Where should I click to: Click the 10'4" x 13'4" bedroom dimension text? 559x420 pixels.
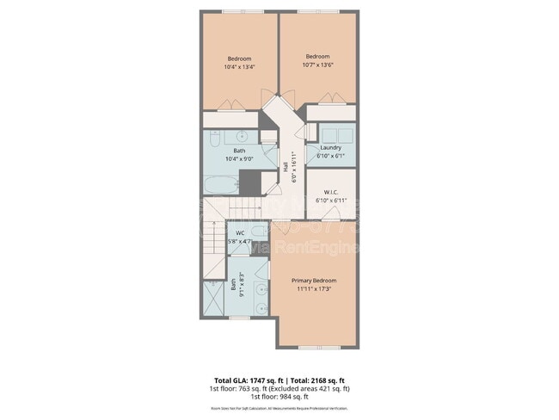coord(239,66)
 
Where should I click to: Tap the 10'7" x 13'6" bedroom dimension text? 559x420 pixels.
coord(318,65)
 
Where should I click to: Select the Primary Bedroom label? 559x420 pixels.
coord(313,281)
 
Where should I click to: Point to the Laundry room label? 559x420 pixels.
coord(331,148)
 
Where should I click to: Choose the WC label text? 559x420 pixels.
coord(240,233)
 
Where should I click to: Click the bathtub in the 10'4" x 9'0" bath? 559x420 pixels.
coord(221,182)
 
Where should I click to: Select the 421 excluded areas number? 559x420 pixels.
coord(329,388)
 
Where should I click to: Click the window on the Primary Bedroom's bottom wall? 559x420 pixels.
coord(313,347)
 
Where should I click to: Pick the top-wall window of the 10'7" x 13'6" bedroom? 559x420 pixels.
coord(318,12)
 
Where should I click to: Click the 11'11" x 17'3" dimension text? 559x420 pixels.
coord(313,288)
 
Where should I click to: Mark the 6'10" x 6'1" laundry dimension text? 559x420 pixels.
coord(331,156)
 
